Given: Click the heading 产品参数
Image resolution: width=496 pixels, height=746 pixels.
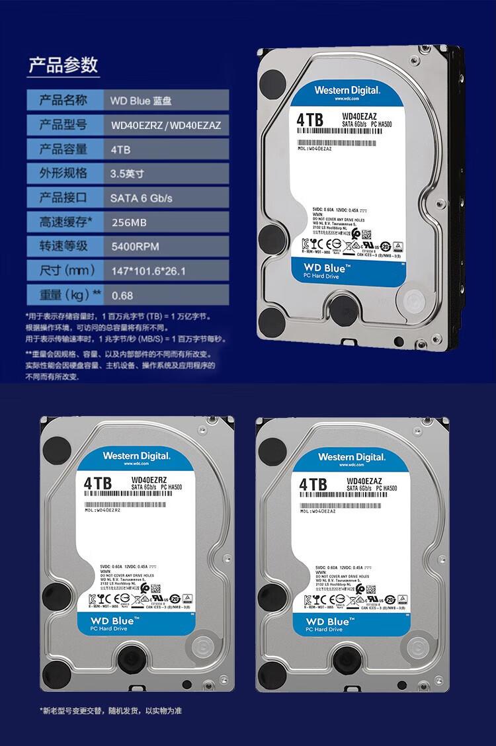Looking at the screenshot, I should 63,65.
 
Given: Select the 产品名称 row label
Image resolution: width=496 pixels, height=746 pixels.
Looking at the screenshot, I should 63,101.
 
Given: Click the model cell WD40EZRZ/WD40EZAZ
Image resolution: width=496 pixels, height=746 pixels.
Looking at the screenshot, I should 166,125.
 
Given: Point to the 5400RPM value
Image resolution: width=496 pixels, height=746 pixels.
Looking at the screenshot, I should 135,247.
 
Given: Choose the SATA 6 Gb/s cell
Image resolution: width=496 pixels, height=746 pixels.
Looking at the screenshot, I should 141,198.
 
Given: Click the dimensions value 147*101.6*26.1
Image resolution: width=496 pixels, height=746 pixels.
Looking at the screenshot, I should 147,271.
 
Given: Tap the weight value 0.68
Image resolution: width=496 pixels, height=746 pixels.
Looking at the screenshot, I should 122,295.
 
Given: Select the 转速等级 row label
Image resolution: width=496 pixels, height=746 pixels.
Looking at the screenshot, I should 63,247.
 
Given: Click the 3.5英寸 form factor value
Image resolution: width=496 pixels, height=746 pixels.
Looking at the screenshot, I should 127,174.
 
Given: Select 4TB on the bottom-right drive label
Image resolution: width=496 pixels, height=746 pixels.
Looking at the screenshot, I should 313,485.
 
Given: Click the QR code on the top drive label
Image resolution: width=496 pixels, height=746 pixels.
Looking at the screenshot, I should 367,235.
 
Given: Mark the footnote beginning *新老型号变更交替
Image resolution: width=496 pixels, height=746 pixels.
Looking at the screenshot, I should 111,711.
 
